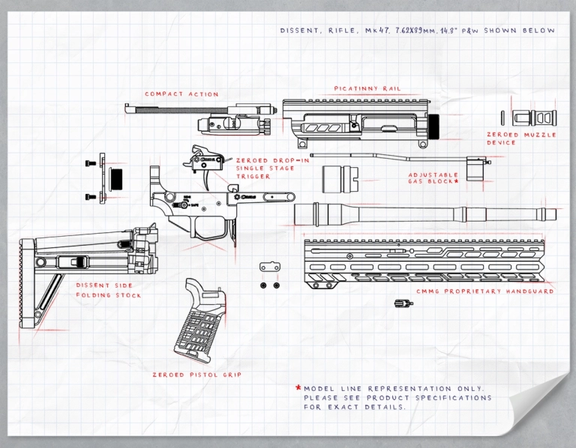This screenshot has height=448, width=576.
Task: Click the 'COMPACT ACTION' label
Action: click(181, 94)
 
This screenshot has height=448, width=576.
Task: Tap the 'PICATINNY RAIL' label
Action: click(367, 88)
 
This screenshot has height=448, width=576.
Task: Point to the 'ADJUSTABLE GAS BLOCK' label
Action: click(433, 178)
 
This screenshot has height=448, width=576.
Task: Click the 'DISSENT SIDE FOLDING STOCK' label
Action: click(109, 290)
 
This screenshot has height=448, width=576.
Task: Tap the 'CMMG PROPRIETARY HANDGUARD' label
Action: click(485, 291)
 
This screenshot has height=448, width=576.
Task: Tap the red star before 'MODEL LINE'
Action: click(298, 387)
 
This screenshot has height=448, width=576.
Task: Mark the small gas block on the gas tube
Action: click(474, 167)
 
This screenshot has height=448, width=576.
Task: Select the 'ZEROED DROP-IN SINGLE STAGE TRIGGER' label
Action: click(271, 169)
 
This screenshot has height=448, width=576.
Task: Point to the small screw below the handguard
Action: click(403, 303)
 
